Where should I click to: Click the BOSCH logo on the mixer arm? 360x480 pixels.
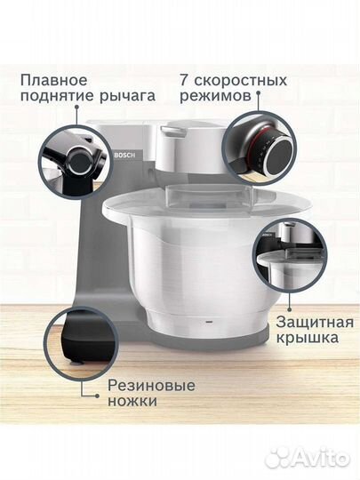point(122,160)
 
